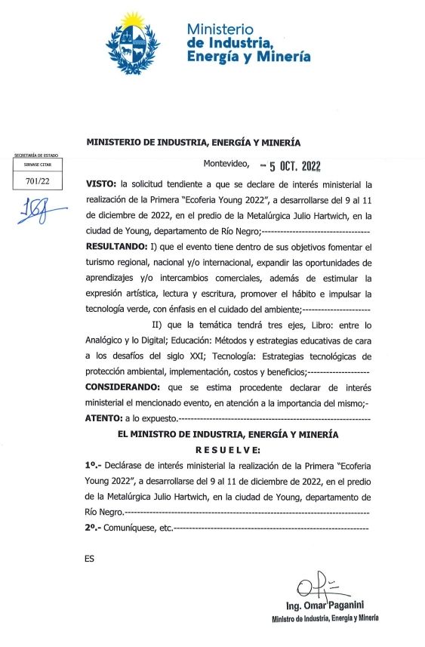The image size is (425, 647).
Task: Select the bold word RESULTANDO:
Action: tap(117, 247)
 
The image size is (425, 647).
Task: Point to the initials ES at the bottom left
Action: tap(91, 559)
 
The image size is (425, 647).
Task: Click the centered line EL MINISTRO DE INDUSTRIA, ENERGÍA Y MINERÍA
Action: tap(229, 434)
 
